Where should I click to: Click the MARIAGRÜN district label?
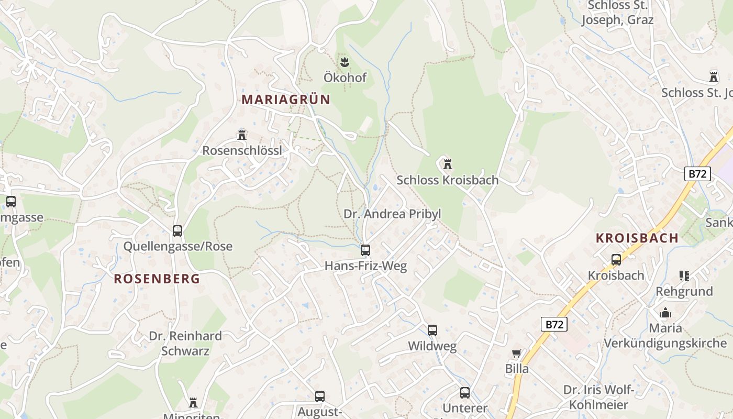286,100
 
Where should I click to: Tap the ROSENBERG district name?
157,279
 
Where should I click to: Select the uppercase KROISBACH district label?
637,238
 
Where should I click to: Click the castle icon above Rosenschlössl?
241,135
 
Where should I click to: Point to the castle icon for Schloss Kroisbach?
447,164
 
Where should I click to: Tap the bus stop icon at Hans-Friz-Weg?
365,250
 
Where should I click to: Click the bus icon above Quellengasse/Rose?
177,230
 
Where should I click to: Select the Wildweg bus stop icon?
432,330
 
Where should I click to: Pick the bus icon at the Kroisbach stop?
616,259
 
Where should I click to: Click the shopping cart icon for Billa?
516,354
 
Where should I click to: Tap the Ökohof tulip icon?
345,62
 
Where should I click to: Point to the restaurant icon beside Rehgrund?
684,275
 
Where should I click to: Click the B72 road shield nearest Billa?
554,325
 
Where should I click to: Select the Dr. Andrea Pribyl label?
392,214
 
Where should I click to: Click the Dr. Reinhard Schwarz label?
185,343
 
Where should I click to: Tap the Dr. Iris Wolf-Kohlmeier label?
598,397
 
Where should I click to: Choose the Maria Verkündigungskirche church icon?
665,313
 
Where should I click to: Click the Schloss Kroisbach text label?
447,180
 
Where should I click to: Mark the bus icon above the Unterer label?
465,393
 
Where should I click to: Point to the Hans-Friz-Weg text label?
365,266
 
